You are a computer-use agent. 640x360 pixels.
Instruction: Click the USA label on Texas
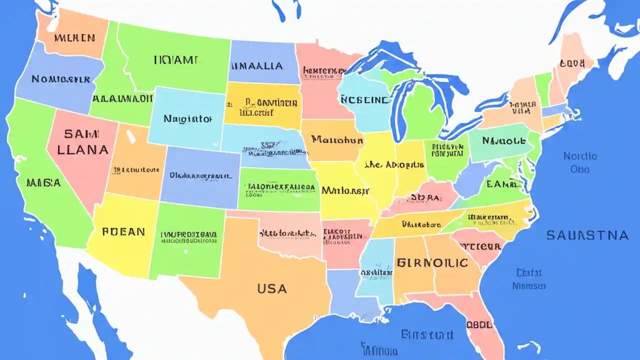272,288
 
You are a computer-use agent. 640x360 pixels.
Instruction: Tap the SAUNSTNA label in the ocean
587,235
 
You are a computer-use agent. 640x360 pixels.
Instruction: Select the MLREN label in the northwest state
74,37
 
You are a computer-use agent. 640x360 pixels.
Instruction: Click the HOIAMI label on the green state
175,60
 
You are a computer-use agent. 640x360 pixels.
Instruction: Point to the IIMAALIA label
257,65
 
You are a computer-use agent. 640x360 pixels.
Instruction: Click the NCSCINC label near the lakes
364,99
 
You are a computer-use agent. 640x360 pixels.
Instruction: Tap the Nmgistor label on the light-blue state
187,119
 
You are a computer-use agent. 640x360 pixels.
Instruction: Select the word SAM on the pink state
82,134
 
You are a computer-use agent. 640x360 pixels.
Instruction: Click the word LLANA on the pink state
83,149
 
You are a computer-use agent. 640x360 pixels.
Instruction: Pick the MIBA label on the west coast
44,182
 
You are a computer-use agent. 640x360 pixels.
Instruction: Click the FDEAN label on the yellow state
123,232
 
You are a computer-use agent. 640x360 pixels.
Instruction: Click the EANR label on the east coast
501,184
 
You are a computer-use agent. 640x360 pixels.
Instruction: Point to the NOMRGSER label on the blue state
60,79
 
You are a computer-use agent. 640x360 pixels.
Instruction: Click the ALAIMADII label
122,98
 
